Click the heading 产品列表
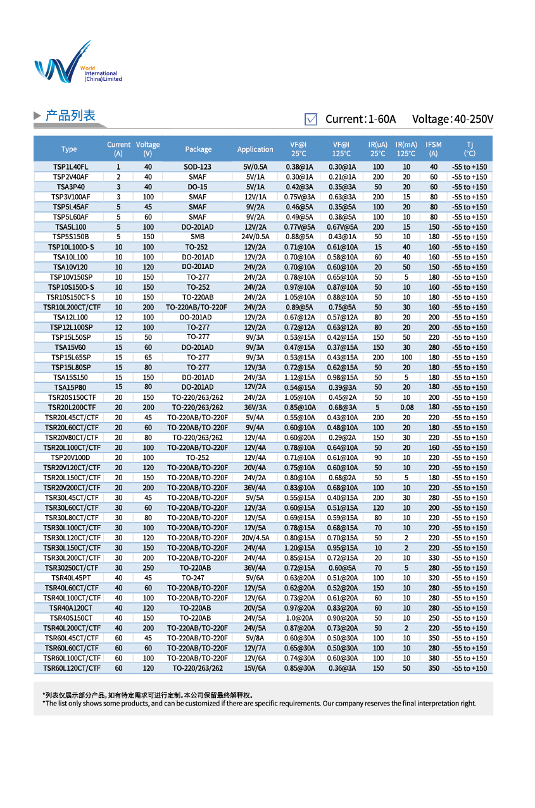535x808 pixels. point(70,116)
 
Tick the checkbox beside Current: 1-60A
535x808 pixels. point(311,119)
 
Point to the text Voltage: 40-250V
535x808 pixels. point(452,119)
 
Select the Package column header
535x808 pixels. point(198,149)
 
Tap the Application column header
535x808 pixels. point(255,149)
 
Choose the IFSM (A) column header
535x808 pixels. point(434,149)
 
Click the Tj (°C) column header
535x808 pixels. point(469,149)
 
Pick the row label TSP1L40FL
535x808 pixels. point(70,166)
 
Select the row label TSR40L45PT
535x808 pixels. point(70,578)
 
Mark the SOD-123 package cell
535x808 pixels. point(198,166)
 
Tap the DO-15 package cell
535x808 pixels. point(198,187)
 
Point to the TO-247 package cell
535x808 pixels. point(198,578)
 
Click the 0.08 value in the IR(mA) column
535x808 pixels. point(406,407)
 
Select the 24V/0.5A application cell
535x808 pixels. point(255,237)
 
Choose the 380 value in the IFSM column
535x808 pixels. point(434,658)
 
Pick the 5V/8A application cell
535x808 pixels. point(255,638)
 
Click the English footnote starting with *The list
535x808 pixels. point(259,703)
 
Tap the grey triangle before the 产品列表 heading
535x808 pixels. point(37,116)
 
